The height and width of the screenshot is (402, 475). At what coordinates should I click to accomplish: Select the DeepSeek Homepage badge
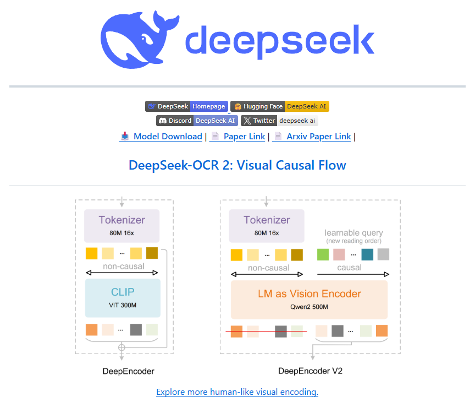click(186, 106)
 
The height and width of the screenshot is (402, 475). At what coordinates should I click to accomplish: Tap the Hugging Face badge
click(279, 106)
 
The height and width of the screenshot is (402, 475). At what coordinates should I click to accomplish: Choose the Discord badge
click(196, 121)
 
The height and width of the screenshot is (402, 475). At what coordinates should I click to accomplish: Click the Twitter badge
click(279, 121)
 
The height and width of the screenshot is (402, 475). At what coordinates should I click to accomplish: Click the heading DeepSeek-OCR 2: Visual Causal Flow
click(237, 165)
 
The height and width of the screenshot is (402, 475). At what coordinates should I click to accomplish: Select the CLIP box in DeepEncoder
click(123, 297)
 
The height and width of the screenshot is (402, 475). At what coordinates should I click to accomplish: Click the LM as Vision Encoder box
click(309, 300)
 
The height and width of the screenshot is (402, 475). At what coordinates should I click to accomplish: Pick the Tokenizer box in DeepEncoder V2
click(267, 225)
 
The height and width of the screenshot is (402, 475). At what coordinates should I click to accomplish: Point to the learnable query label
click(354, 233)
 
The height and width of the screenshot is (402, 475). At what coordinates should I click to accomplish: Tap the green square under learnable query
click(323, 254)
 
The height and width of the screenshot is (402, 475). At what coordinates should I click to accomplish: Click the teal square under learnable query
click(367, 254)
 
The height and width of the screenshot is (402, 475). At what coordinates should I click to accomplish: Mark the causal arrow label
click(349, 268)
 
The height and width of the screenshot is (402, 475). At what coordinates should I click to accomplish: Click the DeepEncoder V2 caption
click(310, 371)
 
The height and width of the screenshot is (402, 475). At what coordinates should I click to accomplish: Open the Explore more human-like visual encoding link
click(237, 392)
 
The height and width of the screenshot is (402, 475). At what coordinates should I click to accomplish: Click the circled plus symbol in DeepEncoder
click(121, 347)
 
